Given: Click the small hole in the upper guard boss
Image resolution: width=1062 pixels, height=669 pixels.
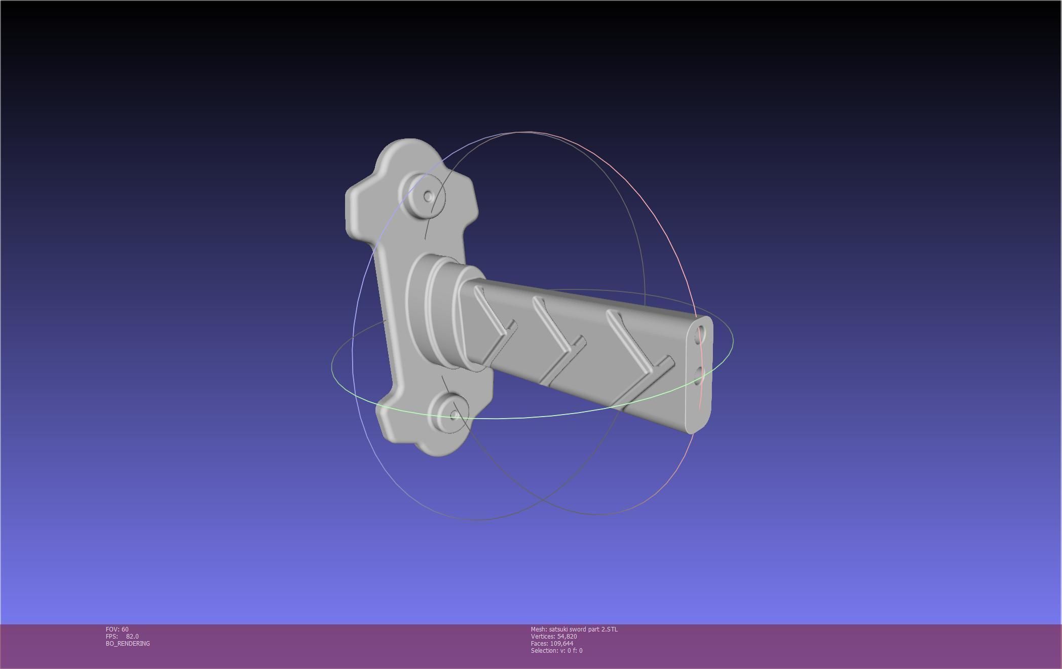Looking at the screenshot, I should pos(428,196).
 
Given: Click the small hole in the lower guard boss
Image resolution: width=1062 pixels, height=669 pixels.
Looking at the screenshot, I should pos(454,415).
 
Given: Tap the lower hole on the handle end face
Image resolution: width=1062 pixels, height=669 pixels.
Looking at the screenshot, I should pos(700,376).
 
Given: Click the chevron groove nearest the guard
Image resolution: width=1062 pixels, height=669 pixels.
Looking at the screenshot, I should pos(491,324).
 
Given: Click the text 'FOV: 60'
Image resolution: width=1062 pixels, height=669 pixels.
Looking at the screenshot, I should pos(117,629).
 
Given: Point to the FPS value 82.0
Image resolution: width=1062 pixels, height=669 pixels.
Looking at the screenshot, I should pos(132,637).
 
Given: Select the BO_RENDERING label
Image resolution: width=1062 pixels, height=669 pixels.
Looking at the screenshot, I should pos(128,644).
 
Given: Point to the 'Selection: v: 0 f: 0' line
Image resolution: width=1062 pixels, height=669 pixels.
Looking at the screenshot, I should pos(556,651).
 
